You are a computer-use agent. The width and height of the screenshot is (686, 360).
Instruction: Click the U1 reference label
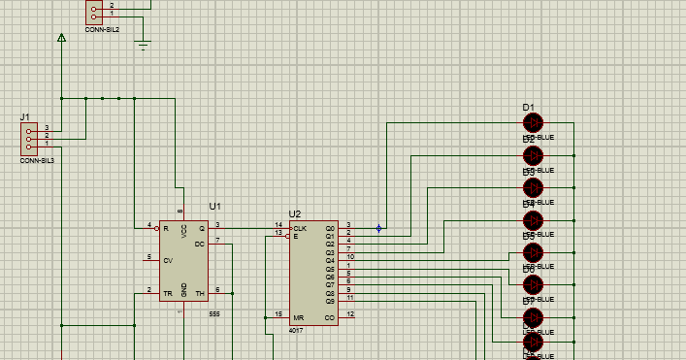coord(215,207)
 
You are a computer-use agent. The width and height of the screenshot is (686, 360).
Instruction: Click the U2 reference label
coord(295,213)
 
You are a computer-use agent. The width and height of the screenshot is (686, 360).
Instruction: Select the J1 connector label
coord(24,117)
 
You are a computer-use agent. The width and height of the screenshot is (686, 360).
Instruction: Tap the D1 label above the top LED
coord(529,108)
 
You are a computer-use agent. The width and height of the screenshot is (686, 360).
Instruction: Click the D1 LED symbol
coord(533,123)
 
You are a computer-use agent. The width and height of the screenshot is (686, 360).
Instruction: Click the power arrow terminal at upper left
coord(61,39)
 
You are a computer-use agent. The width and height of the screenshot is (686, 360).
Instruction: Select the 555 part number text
coord(214,314)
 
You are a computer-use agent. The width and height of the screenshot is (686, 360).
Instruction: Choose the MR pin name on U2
coord(299,315)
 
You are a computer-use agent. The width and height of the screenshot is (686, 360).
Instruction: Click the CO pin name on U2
coord(329,315)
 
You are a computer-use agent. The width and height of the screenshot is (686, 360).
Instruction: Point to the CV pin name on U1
coord(168,260)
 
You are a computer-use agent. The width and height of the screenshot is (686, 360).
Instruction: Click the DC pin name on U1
coord(200,244)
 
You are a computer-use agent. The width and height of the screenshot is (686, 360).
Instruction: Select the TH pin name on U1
coord(200,292)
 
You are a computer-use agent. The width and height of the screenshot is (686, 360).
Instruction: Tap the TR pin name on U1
coord(167,292)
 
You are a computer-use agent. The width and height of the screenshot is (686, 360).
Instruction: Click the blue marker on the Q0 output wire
coord(378,229)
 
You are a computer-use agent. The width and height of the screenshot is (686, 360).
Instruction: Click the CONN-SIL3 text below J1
coord(37,159)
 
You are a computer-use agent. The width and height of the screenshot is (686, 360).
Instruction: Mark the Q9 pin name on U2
coord(329,301)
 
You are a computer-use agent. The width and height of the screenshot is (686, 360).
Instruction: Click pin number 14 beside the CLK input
coord(278,225)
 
